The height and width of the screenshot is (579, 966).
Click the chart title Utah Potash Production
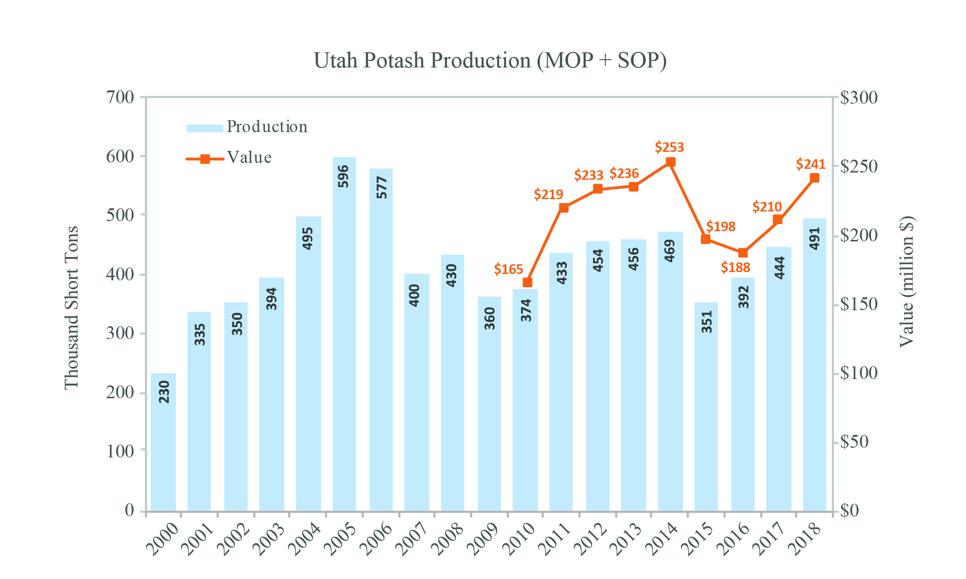coord(489,61)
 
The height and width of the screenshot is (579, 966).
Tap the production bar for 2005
coord(344,335)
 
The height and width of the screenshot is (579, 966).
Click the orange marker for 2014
coord(670,162)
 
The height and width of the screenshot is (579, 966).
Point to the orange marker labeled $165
coord(527,282)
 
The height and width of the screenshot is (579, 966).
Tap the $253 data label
coord(669,148)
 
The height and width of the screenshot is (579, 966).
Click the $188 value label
coord(735,267)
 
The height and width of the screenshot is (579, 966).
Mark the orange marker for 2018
coord(814,178)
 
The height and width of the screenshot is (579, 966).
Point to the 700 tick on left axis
coord(120,97)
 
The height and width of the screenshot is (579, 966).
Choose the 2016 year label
coord(733,540)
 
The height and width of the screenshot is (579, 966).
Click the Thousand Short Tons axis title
coord(71,307)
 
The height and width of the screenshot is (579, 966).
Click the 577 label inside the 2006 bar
coord(381,188)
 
